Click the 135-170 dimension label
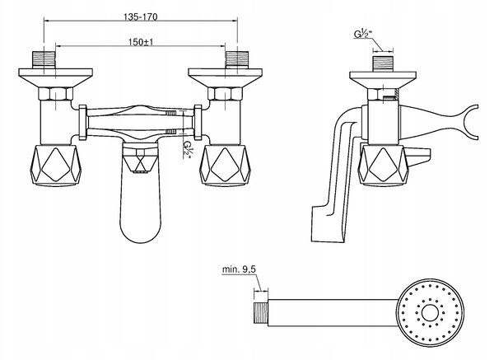coord(140,16)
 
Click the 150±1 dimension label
coord(141,42)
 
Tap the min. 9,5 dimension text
coord(239,269)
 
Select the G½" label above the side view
coord(361,34)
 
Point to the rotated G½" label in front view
coord(188,149)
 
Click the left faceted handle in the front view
coord(56,166)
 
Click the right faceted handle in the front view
coord(225,166)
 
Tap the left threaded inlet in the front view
coord(44,59)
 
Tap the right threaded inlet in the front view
coord(237,59)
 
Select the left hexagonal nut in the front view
coord(56,94)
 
